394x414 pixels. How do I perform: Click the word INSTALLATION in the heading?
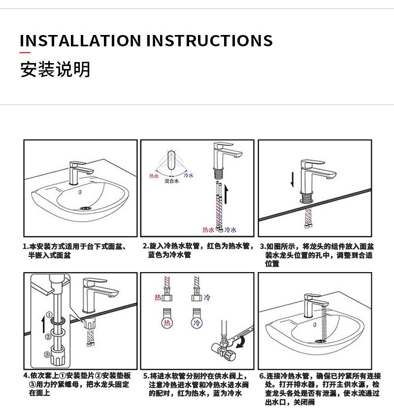(x=80, y=40)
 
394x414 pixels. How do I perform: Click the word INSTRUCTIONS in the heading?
(x=209, y=40)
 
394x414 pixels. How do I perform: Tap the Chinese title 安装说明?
(x=56, y=69)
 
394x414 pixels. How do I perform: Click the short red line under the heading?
(x=25, y=53)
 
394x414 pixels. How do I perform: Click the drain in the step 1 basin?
(x=85, y=208)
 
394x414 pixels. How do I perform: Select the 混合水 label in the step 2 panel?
(x=171, y=181)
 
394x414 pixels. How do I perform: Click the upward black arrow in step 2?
(x=226, y=194)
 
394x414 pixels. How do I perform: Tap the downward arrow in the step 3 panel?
(x=292, y=180)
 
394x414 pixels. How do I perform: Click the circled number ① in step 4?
(x=49, y=315)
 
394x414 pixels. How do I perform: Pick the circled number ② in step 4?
(x=48, y=337)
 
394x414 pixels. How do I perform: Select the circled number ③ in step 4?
(x=47, y=354)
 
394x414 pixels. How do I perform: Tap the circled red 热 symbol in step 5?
(x=167, y=323)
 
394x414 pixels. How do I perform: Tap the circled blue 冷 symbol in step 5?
(x=197, y=323)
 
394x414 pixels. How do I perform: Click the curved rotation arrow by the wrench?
(x=240, y=343)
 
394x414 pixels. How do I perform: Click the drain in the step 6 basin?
(x=321, y=341)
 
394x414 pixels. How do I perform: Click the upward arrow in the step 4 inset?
(x=43, y=325)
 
